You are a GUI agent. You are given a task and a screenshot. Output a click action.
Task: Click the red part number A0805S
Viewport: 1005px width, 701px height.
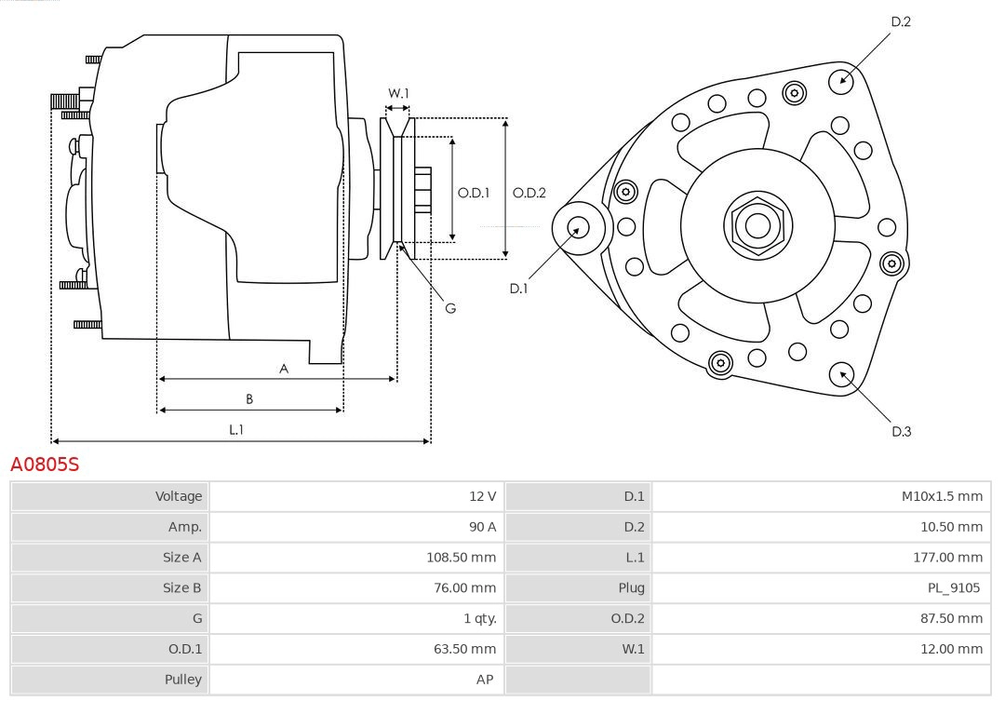[45, 464]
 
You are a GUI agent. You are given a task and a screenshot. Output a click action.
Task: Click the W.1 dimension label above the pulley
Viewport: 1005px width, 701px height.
[398, 93]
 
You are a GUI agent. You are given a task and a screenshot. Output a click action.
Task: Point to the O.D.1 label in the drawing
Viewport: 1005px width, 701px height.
[474, 193]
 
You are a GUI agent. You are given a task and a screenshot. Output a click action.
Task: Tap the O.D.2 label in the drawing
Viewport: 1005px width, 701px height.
[529, 193]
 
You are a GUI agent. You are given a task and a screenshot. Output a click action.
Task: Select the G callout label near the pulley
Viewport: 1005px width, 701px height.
[450, 307]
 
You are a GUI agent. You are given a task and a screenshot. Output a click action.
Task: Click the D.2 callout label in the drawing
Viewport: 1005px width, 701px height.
[901, 21]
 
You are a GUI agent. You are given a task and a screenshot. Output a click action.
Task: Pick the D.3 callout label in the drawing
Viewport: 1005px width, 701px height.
[901, 431]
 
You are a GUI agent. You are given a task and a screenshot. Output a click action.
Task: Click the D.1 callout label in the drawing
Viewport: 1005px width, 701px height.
[518, 289]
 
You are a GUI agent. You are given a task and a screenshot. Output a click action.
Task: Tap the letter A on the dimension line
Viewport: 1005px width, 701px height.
[284, 369]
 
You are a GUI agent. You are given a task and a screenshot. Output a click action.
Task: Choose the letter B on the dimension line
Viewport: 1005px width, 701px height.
[249, 399]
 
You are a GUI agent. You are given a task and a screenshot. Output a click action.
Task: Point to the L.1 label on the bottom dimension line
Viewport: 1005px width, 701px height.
[236, 429]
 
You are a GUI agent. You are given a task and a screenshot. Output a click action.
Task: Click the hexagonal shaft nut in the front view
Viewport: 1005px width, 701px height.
[757, 224]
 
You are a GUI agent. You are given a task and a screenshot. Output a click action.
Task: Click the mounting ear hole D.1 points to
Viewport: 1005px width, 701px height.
[578, 226]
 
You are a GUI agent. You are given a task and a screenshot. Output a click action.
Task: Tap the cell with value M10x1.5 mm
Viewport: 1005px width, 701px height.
[941, 496]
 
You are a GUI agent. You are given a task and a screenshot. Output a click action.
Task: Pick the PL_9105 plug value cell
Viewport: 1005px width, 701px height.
[954, 588]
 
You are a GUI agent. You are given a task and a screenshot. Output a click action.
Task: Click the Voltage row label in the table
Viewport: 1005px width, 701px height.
[178, 496]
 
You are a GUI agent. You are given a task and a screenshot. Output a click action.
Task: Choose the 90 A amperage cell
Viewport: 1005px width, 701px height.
[482, 527]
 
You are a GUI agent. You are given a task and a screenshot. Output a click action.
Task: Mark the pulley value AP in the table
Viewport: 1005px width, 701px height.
[484, 680]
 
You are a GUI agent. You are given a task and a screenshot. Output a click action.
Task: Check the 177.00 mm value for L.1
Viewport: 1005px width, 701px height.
[946, 558]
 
